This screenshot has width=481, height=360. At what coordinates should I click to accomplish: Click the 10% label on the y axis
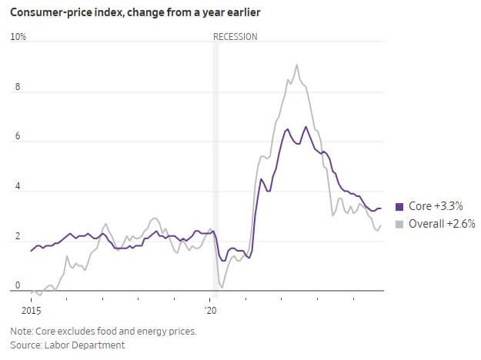coord(18,37)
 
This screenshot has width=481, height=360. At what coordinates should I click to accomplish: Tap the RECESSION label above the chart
coord(235,37)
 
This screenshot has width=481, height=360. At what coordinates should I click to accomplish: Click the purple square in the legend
coord(399,206)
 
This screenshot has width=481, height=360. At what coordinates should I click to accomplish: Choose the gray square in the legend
coord(399,224)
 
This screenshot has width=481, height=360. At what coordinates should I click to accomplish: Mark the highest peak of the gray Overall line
coord(297,65)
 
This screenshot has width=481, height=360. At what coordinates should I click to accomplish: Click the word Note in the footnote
coord(20,332)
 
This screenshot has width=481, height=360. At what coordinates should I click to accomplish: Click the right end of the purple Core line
coord(381,208)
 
